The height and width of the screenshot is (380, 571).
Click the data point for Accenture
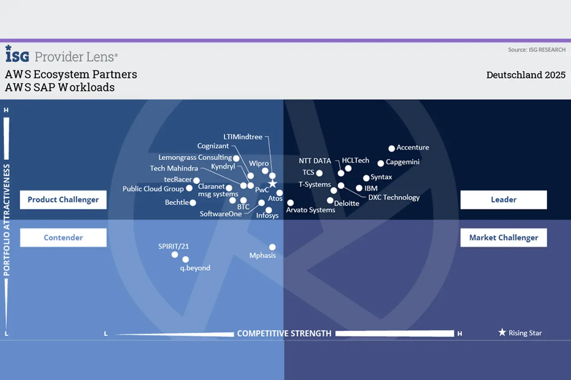tap(391, 148)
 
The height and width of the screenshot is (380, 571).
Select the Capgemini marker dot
tap(381, 163)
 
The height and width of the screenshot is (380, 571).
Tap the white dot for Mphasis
tap(272, 247)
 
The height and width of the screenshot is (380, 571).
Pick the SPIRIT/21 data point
tap(174, 255)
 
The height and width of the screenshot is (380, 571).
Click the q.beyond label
tap(195, 268)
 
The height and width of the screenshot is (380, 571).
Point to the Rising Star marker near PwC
tap(272, 184)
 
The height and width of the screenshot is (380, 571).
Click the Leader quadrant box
tap(503, 200)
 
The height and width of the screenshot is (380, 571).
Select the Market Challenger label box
tap(503, 237)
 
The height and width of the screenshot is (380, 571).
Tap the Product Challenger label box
tap(63, 200)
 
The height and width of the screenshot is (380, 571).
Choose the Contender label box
tap(63, 237)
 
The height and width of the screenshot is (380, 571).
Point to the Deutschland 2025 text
tap(526, 75)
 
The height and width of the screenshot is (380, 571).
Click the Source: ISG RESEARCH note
tap(537, 50)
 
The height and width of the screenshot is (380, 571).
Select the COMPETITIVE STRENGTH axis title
tap(284, 334)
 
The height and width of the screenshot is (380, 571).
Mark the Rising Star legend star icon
tap(502, 332)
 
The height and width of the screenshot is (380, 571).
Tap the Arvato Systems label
tap(310, 210)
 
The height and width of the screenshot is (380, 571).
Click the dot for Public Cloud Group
tap(189, 188)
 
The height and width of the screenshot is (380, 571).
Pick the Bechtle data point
tap(193, 203)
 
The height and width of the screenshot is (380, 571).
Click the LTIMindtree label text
tap(243, 137)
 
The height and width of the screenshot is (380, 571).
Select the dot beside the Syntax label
tap(366, 178)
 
